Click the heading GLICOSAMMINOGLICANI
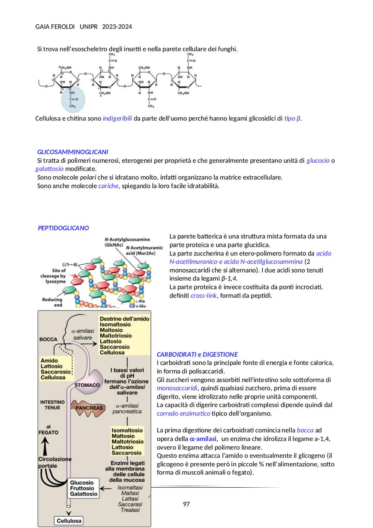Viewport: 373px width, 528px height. (72, 152)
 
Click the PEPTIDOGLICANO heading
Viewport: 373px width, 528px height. (63, 228)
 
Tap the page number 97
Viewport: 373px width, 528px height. (186, 504)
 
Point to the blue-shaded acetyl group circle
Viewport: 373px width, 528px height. (73, 99)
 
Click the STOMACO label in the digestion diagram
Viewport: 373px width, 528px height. (87, 385)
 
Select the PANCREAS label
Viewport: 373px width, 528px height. (89, 408)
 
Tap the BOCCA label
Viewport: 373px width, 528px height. (48, 339)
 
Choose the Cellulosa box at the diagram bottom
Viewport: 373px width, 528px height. (69, 521)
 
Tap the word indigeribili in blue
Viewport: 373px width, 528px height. (117, 118)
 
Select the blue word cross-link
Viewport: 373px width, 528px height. (203, 296)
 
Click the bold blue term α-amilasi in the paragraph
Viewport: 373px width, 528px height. (203, 439)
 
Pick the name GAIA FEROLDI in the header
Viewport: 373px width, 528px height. (55, 27)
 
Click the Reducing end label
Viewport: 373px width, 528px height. (52, 302)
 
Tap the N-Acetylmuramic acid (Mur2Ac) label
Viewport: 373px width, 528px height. (144, 250)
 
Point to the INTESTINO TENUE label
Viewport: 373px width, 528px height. (52, 405)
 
